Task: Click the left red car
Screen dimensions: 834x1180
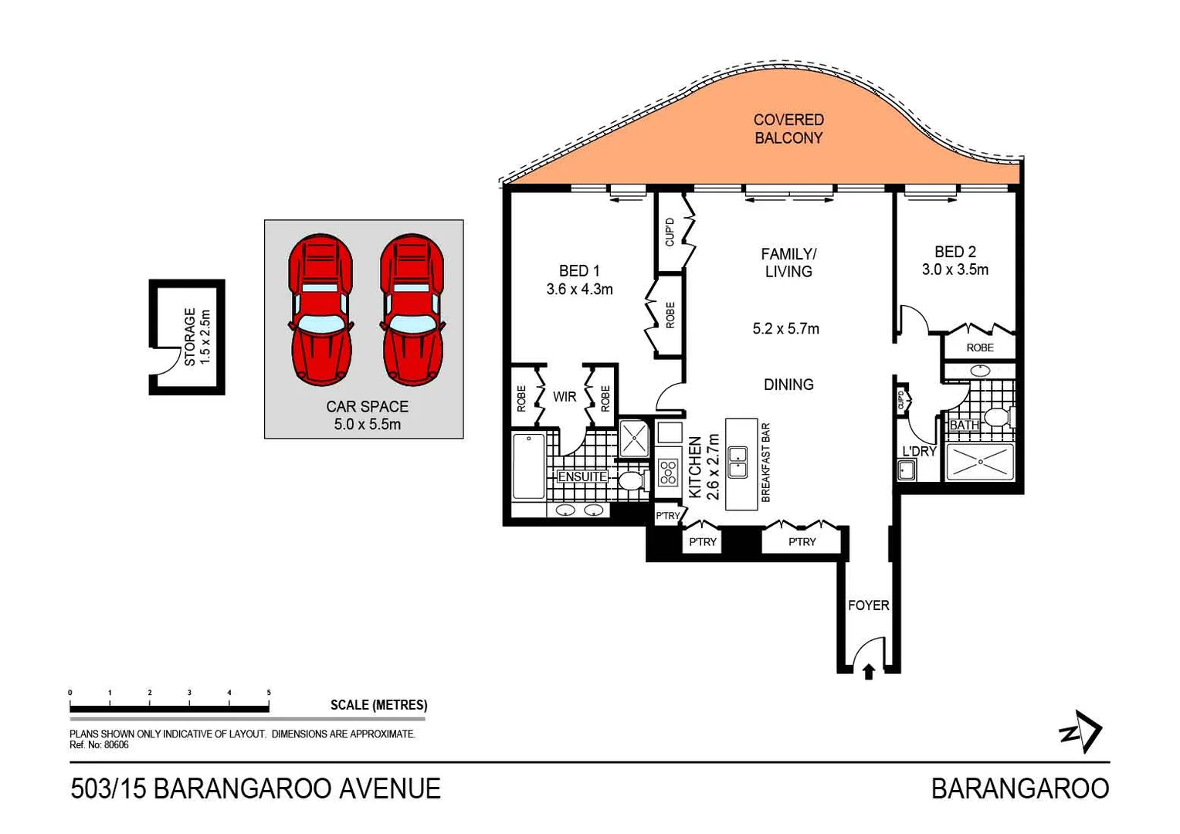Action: (x=321, y=310)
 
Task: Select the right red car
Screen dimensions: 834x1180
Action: (x=412, y=310)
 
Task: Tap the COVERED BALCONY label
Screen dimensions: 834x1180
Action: (x=788, y=129)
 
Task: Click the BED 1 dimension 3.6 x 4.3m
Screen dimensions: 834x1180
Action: (x=579, y=290)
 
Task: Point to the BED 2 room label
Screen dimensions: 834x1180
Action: (x=955, y=252)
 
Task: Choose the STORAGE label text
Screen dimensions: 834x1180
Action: (x=190, y=337)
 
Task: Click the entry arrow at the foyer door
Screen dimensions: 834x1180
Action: (x=868, y=672)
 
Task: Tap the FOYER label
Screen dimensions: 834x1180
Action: (x=868, y=605)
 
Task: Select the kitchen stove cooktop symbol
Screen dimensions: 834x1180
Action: (x=668, y=471)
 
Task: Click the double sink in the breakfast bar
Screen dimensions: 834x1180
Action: (x=737, y=461)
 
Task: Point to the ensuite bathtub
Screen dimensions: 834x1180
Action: (x=529, y=466)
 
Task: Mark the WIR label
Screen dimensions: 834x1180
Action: (x=565, y=397)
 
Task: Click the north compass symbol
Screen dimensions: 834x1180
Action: (x=1080, y=731)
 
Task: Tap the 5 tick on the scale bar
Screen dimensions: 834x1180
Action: (x=269, y=693)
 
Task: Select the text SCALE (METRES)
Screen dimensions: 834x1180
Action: (x=378, y=705)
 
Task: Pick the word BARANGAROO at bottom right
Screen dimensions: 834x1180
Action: (x=1019, y=788)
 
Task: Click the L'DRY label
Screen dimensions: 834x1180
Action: (x=919, y=452)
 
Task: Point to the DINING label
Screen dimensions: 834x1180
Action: (x=788, y=385)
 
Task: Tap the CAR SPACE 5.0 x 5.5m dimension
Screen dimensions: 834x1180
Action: (x=367, y=425)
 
